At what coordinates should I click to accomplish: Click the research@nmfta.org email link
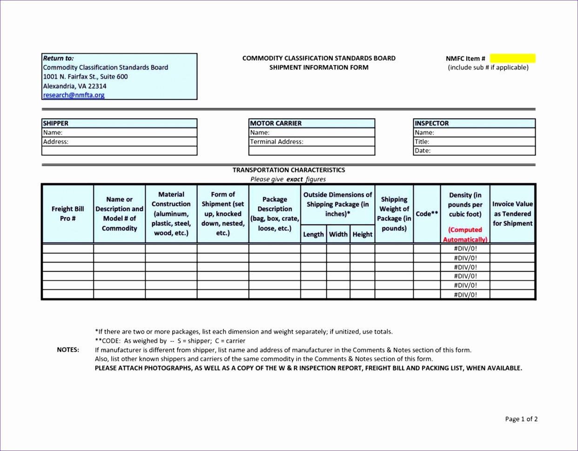(74, 95)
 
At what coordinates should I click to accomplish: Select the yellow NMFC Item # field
(512, 59)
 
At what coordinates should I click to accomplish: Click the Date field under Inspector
(474, 151)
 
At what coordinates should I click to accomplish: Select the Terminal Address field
(311, 142)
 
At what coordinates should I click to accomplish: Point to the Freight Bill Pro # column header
(67, 213)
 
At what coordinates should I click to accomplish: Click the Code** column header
(427, 214)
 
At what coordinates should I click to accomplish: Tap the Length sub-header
(313, 234)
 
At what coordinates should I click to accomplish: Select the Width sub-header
(338, 234)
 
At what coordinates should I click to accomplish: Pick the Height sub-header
(362, 234)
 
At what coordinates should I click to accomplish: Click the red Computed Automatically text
(465, 235)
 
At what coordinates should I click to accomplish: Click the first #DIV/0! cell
(465, 248)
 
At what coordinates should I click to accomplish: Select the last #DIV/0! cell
(465, 294)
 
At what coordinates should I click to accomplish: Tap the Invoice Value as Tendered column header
(512, 213)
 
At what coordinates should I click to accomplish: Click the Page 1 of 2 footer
(521, 419)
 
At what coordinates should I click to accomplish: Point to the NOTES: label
(68, 350)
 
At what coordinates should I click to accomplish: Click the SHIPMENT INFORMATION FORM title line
(319, 67)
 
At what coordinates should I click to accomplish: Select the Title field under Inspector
(474, 142)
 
